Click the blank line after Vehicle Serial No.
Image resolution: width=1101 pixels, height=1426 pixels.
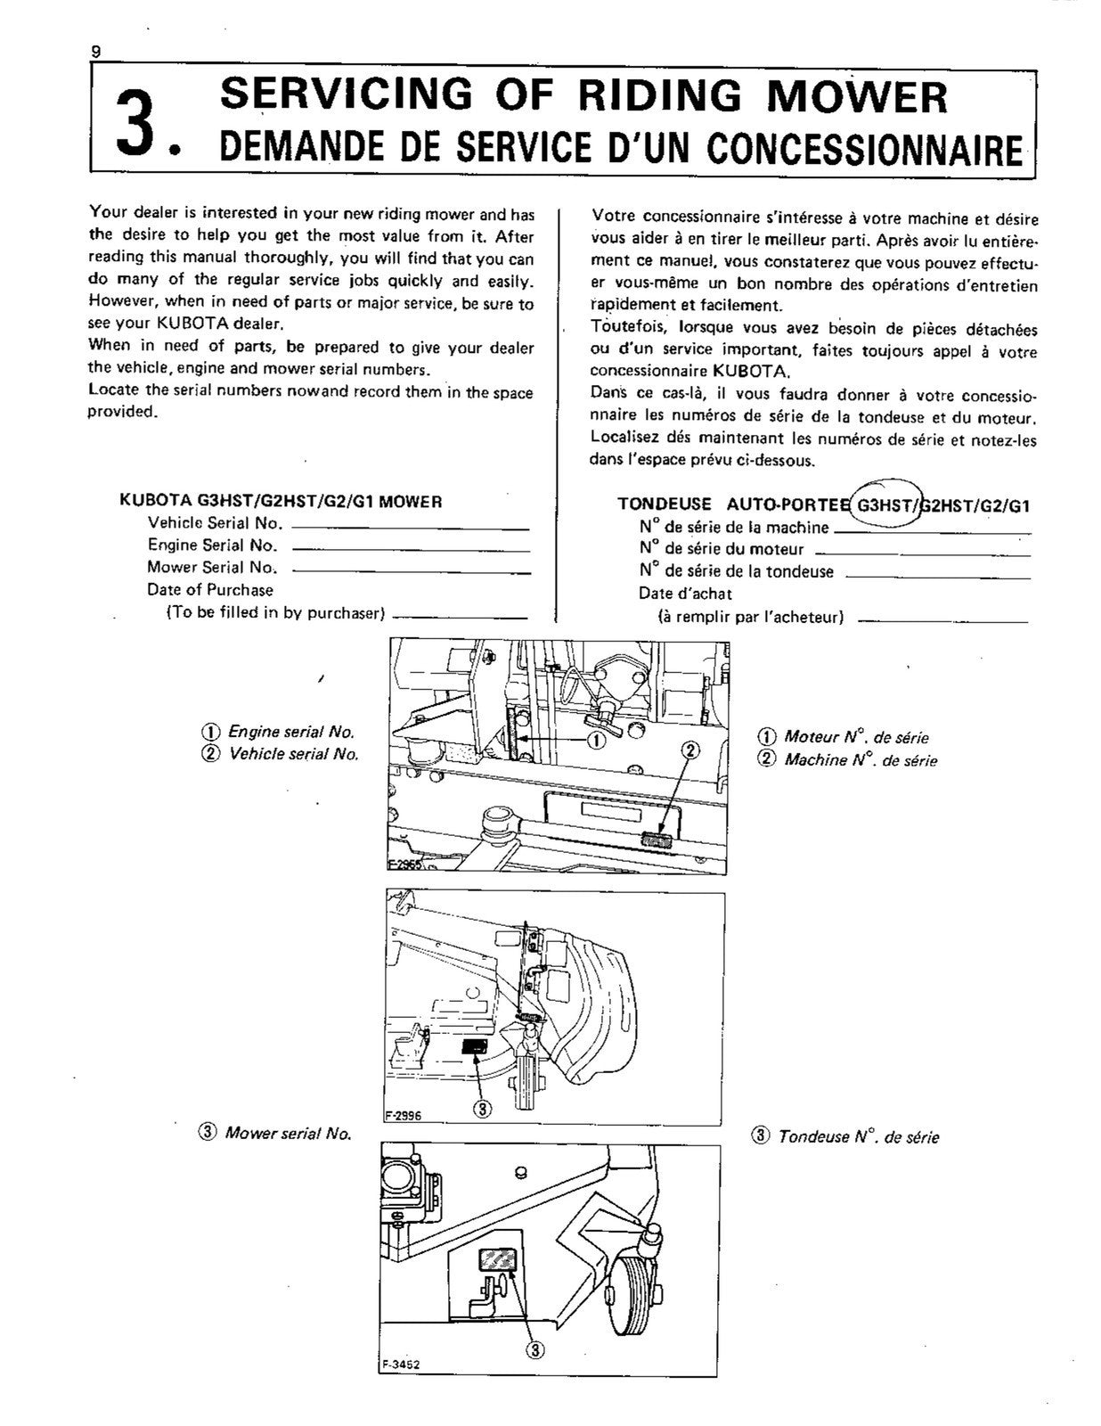click(x=411, y=529)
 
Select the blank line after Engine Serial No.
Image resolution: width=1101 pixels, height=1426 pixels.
click(x=411, y=551)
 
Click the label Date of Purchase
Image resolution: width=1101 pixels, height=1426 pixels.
click(x=210, y=589)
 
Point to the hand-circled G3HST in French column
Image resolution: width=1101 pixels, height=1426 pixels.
click(x=883, y=506)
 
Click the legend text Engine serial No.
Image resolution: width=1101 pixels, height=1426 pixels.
click(x=291, y=732)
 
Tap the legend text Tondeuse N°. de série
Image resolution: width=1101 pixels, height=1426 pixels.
click(x=858, y=1136)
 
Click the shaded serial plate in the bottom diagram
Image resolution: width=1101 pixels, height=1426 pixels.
click(x=497, y=1259)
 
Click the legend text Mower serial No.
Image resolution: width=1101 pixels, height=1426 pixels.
click(x=287, y=1134)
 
